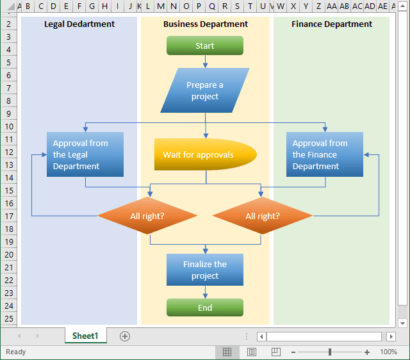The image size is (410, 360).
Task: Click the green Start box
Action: pyautogui.click(x=205, y=45)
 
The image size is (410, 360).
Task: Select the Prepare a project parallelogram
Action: pyautogui.click(x=205, y=90)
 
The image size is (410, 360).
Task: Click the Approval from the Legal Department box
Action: pyautogui.click(x=85, y=154)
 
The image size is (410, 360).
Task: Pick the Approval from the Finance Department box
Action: pyautogui.click(x=325, y=154)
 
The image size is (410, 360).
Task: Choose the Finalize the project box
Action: pyautogui.click(x=205, y=270)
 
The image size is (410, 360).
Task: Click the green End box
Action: pyautogui.click(x=205, y=307)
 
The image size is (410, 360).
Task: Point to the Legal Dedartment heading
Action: pyautogui.click(x=79, y=24)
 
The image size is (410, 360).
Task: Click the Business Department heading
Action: pyautogui.click(x=206, y=24)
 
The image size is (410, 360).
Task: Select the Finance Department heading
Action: pyautogui.click(x=332, y=24)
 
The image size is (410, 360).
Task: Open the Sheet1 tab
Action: pyautogui.click(x=85, y=336)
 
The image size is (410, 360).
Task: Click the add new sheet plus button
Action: pyautogui.click(x=125, y=336)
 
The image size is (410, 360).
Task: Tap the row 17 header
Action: pyautogui.click(x=9, y=216)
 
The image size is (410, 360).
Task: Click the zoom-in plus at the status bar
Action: pyautogui.click(x=367, y=352)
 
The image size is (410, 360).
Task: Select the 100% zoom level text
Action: pyautogui.click(x=389, y=352)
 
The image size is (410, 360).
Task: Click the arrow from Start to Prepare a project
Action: pyautogui.click(x=205, y=61)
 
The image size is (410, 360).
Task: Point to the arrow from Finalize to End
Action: pyautogui.click(x=205, y=292)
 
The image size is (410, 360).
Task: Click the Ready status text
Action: pyautogui.click(x=16, y=352)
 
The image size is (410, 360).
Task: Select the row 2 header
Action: pyautogui.click(x=9, y=24)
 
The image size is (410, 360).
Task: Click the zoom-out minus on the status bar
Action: pyautogui.click(x=293, y=352)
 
